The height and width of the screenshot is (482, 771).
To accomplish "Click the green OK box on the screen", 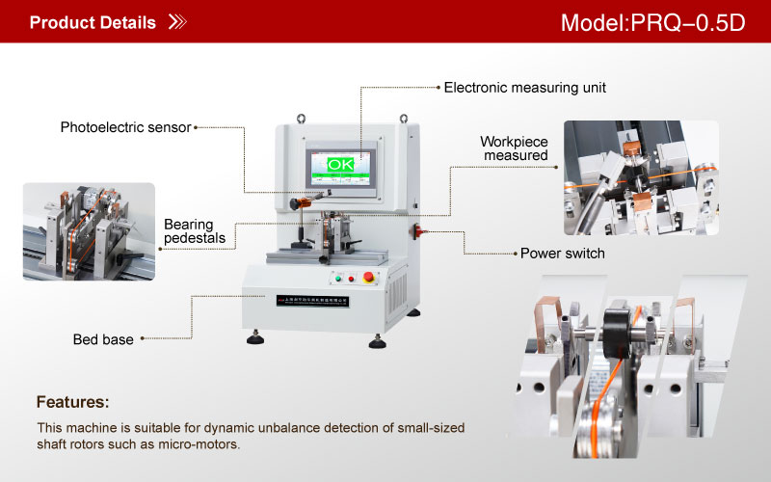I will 341,166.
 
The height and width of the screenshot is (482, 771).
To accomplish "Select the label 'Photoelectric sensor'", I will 126,127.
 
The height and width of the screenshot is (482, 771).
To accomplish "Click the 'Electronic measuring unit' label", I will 524,87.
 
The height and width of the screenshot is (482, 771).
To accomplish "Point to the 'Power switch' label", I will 563,254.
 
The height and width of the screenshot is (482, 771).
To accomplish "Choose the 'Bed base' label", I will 102,339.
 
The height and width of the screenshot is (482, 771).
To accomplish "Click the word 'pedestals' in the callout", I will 195,238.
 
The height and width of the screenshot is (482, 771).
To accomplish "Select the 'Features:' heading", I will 72,401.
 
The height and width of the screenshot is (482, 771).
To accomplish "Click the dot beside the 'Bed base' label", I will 144,339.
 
